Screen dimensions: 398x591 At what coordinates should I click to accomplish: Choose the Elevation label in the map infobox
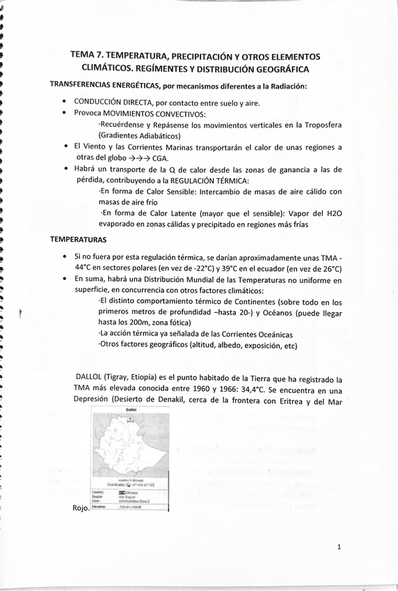point(99,507)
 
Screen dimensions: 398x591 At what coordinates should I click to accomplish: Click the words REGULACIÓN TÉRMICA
point(200,179)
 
